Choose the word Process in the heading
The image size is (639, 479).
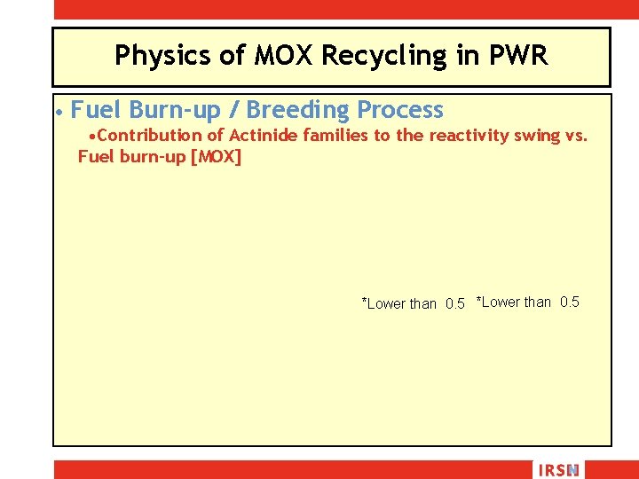coord(399,110)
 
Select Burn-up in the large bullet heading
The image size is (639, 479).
coord(181,110)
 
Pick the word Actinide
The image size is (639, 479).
coord(264,136)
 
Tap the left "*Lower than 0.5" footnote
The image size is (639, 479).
coord(413,303)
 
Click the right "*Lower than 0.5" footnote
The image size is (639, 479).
coord(528,302)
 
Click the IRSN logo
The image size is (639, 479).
coord(557,470)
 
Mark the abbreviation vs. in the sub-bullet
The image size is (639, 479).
coord(576,136)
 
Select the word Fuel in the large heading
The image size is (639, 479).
coord(97,110)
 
